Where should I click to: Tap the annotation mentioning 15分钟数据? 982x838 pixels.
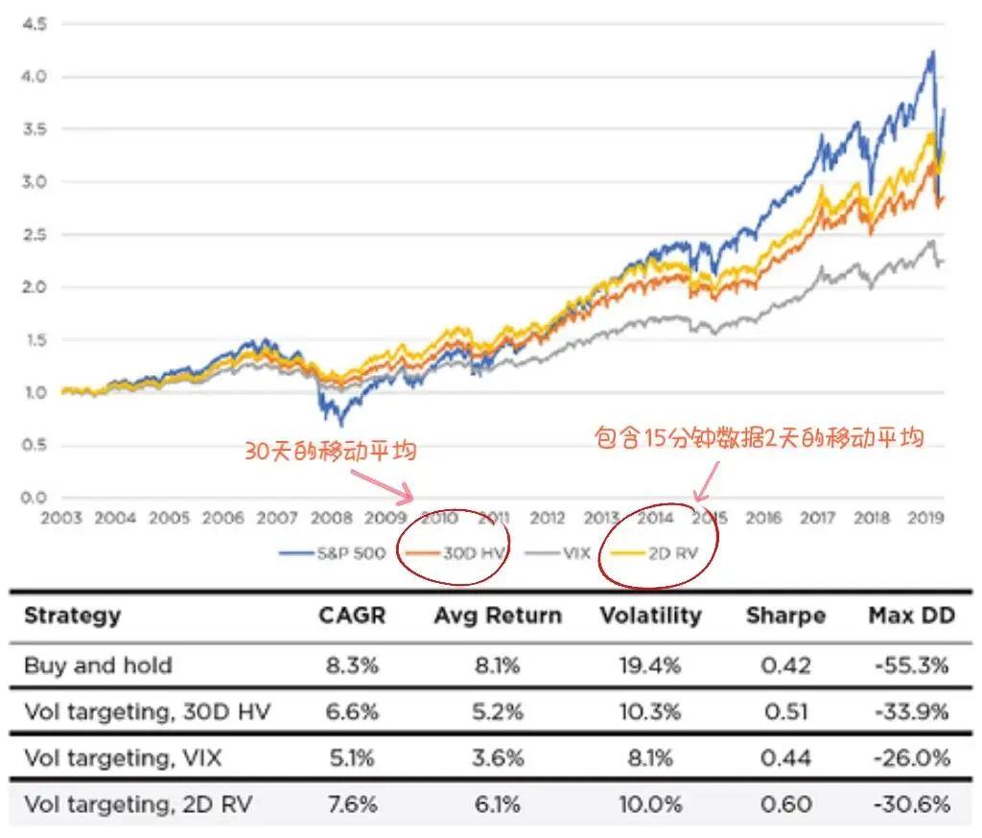(x=759, y=438)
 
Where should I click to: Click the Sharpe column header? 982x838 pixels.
(x=784, y=616)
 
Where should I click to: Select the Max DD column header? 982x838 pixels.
(x=911, y=616)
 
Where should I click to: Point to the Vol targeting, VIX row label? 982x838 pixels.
(x=123, y=758)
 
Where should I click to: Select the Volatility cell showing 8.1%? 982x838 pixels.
(x=656, y=758)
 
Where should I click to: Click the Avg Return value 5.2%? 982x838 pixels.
(x=497, y=712)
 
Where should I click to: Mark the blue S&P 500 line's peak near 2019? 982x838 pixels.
(x=930, y=52)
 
